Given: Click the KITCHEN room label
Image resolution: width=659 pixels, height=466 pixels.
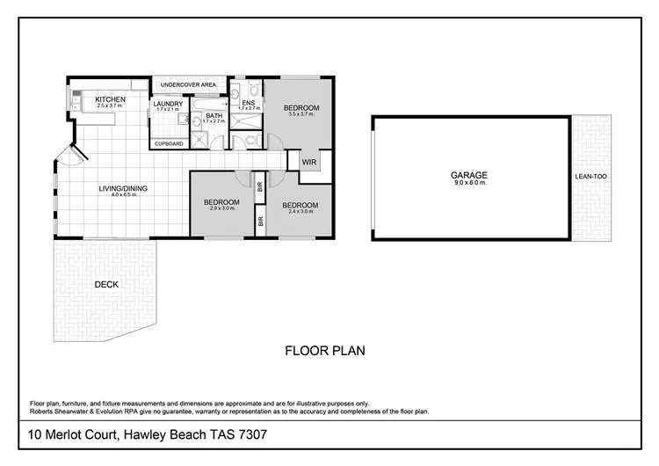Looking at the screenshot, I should click(111, 100).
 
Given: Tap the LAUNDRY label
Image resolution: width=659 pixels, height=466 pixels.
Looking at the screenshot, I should click(168, 104).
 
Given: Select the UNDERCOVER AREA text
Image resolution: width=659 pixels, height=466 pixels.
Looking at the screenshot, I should click(188, 85).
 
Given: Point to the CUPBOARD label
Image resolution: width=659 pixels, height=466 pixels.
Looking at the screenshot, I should click(169, 143).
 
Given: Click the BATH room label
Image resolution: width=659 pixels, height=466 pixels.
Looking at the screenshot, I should click(214, 115).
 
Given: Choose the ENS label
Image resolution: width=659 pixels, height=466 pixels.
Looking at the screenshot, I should click(248, 102).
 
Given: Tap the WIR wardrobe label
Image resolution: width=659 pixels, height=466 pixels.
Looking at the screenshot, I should click(308, 163).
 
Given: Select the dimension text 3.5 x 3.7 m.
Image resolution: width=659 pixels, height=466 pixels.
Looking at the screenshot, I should click(301, 115).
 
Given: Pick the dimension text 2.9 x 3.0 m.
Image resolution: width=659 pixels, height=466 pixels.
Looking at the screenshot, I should click(221, 209).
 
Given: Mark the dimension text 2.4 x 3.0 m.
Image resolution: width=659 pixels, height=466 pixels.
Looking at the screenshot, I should click(299, 212).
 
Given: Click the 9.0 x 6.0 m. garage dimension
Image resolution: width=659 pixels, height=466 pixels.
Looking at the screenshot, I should click(468, 183).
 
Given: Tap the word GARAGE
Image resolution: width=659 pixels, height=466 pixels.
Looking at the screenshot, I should click(468, 176).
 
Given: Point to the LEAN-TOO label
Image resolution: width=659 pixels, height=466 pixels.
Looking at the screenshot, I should click(590, 177).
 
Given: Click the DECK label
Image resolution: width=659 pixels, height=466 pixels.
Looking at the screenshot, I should click(106, 284).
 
